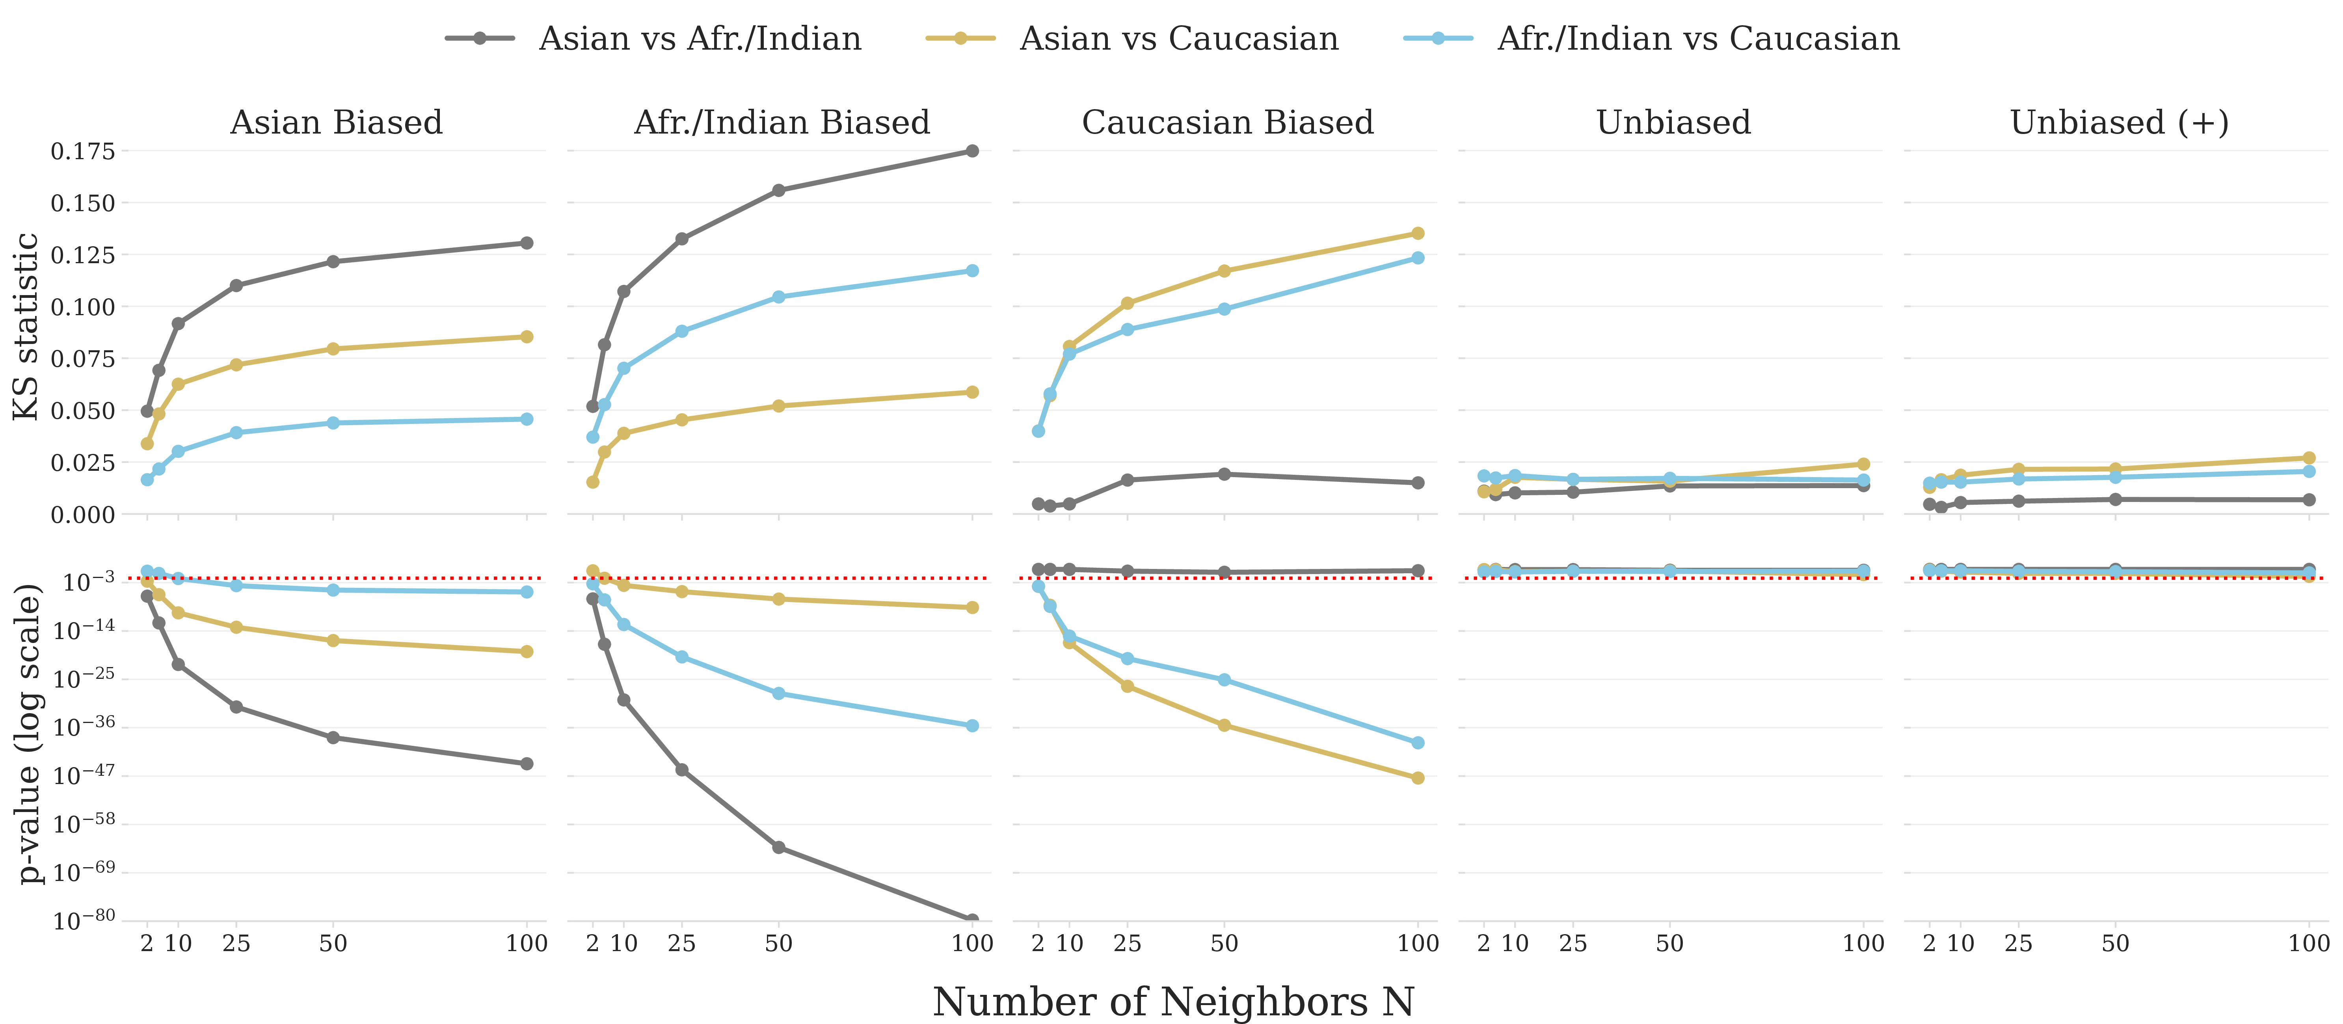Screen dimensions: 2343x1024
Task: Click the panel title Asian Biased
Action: pyautogui.click(x=337, y=122)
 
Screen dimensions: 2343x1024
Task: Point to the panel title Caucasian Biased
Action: pyautogui.click(x=1227, y=122)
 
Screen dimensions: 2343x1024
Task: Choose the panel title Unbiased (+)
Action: pyautogui.click(x=2119, y=122)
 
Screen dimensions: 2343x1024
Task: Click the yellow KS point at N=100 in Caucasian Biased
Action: pyautogui.click(x=1417, y=233)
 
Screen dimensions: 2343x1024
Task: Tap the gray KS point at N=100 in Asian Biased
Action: pyautogui.click(x=527, y=243)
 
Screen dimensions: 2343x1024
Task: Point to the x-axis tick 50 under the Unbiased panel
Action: pyautogui.click(x=1670, y=943)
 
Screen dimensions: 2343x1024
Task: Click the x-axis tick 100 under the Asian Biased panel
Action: pyautogui.click(x=527, y=943)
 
